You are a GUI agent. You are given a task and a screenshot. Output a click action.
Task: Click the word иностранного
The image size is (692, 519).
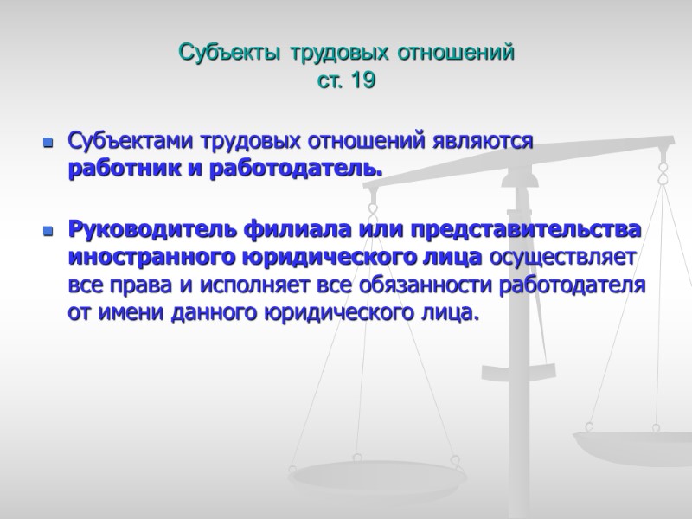(x=141, y=259)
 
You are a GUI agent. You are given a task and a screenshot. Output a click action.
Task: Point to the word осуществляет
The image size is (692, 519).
(x=563, y=259)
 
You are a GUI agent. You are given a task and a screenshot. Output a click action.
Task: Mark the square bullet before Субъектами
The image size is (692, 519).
(x=48, y=143)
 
